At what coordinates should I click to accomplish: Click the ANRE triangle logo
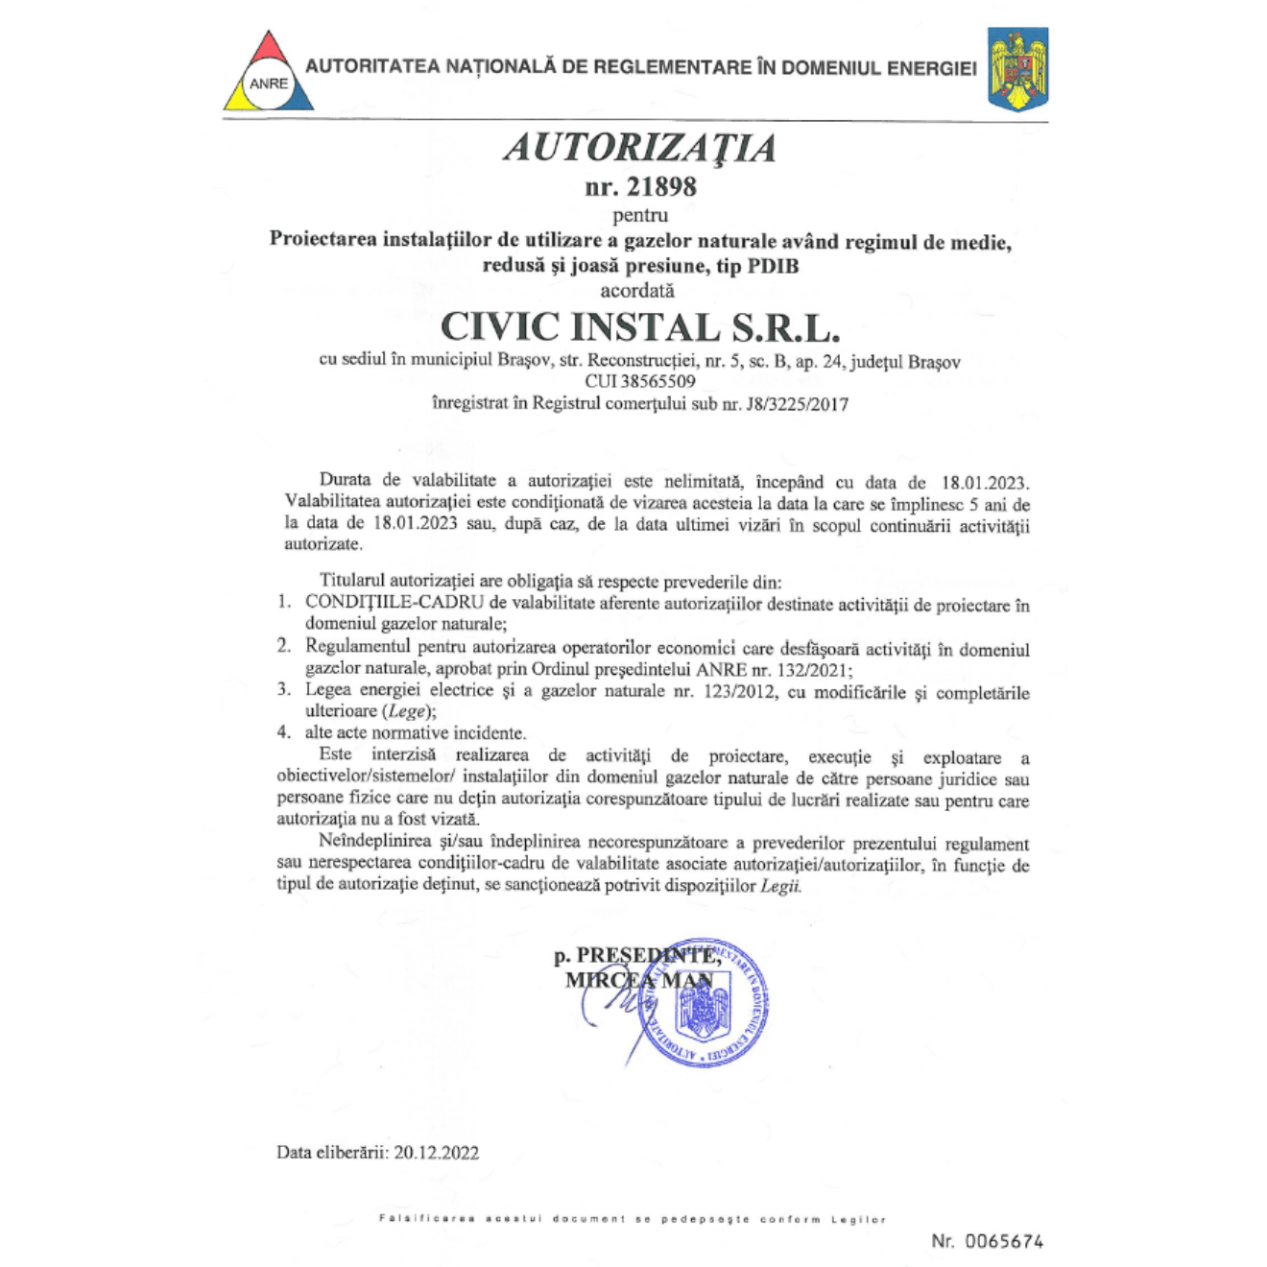click(269, 73)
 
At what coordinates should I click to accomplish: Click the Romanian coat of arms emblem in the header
click(1017, 69)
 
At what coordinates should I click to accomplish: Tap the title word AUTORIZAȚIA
click(640, 148)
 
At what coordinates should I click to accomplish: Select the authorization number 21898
click(661, 186)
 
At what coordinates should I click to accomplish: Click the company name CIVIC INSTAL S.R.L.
click(640, 327)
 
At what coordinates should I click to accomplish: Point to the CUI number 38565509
click(657, 381)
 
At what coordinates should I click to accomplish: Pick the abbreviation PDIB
click(773, 266)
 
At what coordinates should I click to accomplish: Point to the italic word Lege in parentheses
click(406, 711)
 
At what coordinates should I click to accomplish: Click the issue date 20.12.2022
click(436, 1152)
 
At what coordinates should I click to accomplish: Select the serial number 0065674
click(1004, 1241)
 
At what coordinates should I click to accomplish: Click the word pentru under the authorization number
click(640, 215)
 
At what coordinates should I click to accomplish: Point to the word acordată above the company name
click(637, 290)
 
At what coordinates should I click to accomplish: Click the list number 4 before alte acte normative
click(283, 732)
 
